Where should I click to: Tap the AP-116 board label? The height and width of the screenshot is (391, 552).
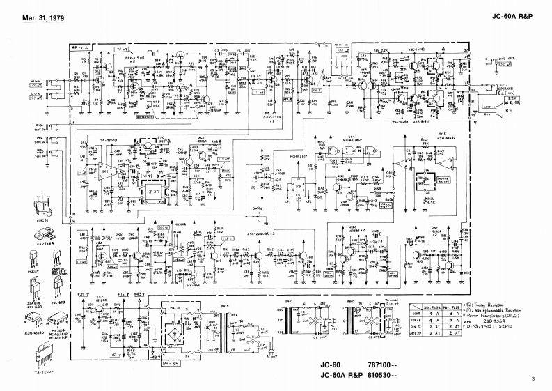pyautogui.click(x=79, y=47)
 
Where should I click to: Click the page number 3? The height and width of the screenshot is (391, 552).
pyautogui.click(x=533, y=379)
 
